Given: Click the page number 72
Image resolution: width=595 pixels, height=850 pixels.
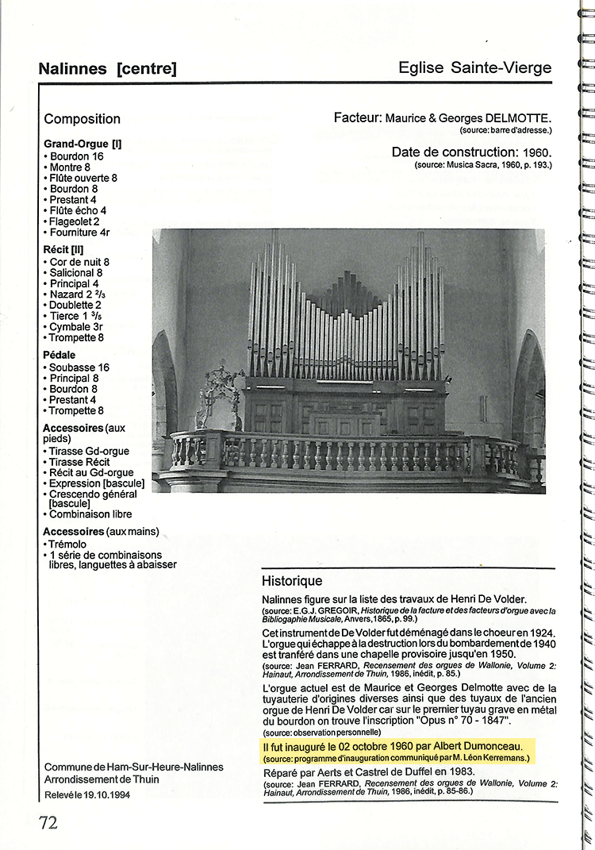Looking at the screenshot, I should click(x=48, y=822).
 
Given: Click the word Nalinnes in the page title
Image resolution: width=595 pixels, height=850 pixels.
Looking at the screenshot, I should click(x=72, y=69).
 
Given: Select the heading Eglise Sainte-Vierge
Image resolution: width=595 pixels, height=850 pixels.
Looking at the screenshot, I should click(x=474, y=67).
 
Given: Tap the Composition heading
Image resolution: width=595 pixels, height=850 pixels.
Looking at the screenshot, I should click(x=83, y=119).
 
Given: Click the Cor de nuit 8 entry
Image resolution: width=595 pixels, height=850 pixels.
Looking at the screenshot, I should click(x=79, y=262).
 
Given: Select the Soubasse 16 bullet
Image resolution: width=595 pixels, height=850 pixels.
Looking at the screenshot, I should click(x=79, y=367).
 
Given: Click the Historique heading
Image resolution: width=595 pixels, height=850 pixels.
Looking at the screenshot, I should click(x=292, y=581).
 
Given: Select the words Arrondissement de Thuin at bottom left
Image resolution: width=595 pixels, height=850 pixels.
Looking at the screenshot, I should click(x=102, y=779).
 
